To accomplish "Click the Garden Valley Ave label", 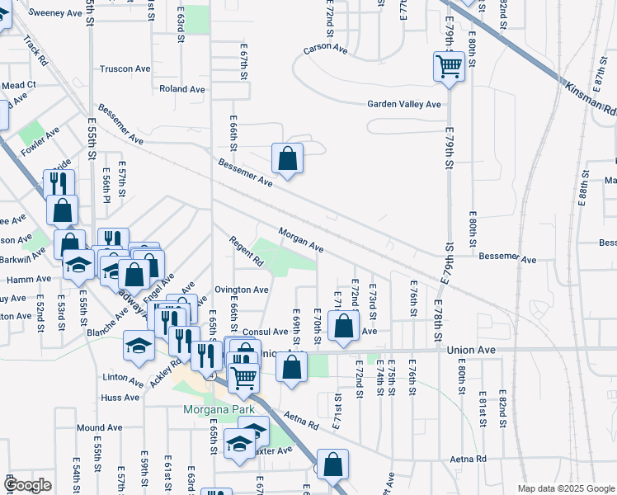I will [x=404, y=105].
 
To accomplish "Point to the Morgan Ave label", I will [x=300, y=240].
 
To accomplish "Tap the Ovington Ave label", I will [x=242, y=290].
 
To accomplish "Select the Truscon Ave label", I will [x=123, y=69].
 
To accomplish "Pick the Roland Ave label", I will [x=182, y=89].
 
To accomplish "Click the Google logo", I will [x=27, y=485].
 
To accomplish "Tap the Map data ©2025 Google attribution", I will [x=565, y=488].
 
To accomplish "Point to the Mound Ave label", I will [x=99, y=428].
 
